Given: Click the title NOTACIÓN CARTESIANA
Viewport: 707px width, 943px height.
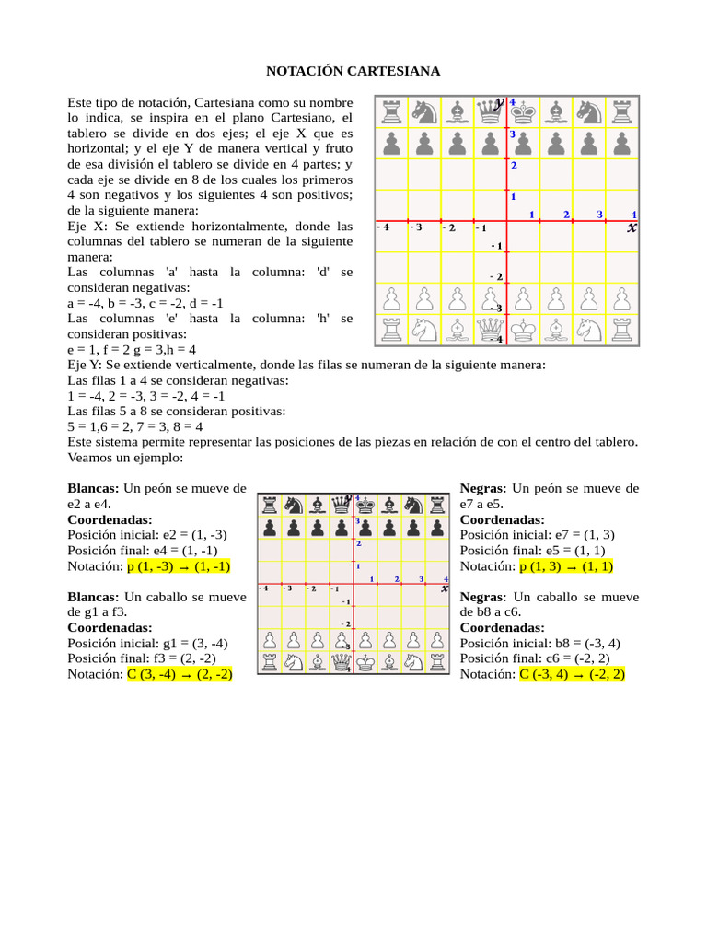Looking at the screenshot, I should coord(353,71).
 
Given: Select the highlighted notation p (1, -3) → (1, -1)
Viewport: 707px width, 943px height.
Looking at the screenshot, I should coord(179,566).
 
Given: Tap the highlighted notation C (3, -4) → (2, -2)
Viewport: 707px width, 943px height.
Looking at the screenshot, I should coord(179,674).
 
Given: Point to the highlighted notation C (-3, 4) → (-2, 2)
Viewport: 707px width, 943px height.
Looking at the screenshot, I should coord(573,674).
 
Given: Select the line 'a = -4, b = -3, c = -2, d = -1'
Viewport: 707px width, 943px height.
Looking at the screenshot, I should coord(145,303).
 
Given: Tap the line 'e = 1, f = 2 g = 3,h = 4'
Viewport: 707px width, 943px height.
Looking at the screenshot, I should coord(132,350).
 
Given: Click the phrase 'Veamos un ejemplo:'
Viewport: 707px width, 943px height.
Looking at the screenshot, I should coord(126,458).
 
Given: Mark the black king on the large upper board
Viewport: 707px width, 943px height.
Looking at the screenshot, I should coord(524,111).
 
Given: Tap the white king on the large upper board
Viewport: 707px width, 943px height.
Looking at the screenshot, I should coord(524,329).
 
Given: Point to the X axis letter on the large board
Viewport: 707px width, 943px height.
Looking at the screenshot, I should coord(632,227).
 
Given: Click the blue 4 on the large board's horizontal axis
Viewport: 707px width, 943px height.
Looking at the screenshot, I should coord(633,215).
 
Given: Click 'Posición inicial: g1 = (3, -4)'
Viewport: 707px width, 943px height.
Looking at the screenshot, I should coord(147,643).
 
